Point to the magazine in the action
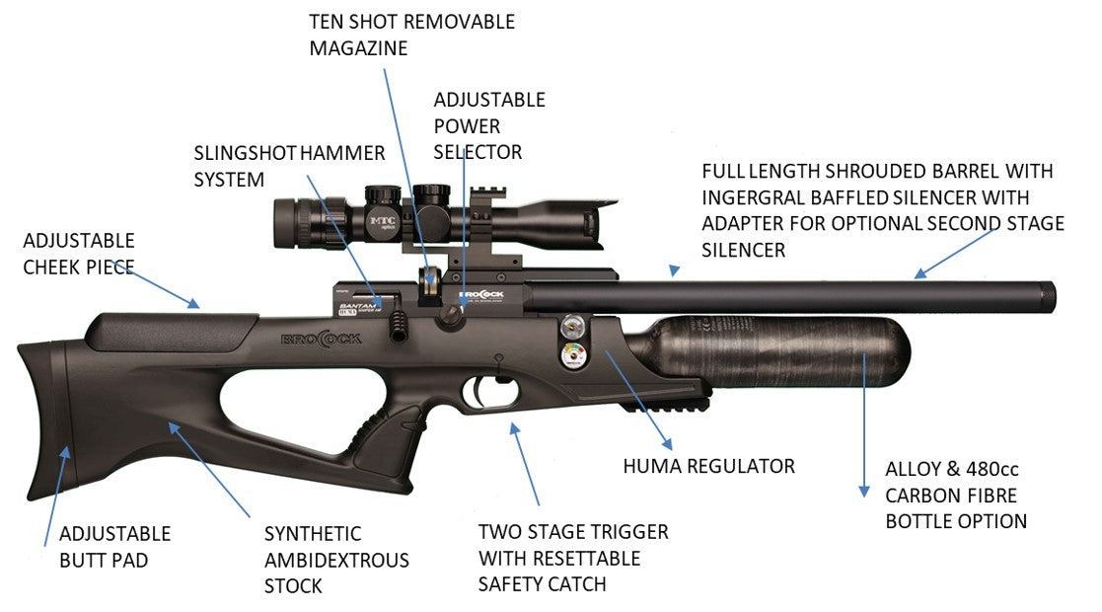(x=430, y=285)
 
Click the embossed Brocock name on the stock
(x=322, y=338)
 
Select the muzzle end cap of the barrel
(x=1048, y=294)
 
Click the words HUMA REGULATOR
(x=708, y=465)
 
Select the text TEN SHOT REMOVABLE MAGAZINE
(x=412, y=34)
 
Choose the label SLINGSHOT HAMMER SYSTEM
(x=289, y=166)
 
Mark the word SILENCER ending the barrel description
(x=743, y=251)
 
